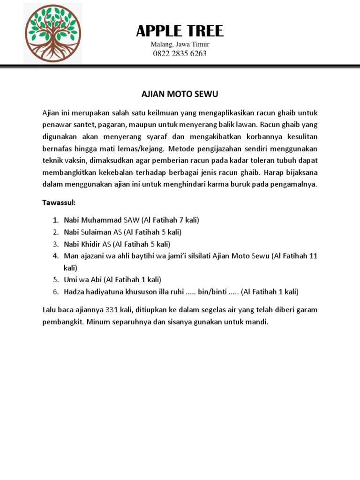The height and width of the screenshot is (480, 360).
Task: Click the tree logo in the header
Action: [x=52, y=34]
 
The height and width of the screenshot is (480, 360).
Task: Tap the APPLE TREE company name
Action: [x=180, y=31]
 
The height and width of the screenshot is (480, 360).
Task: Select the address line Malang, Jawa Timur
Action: [x=180, y=45]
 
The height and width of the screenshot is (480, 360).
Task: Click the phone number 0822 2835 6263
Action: [x=180, y=53]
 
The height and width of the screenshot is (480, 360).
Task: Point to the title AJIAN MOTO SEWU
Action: [x=180, y=95]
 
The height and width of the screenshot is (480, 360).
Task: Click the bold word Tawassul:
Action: [x=59, y=204]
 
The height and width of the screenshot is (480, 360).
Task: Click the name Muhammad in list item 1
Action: [x=102, y=220]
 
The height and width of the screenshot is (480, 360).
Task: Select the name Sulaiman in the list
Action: [x=96, y=232]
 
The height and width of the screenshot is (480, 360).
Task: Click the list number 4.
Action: [x=55, y=256]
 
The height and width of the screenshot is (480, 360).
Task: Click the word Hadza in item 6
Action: [x=74, y=292]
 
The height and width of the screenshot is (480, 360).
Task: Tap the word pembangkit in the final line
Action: [x=63, y=322]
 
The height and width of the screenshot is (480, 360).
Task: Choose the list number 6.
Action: [x=55, y=292]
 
